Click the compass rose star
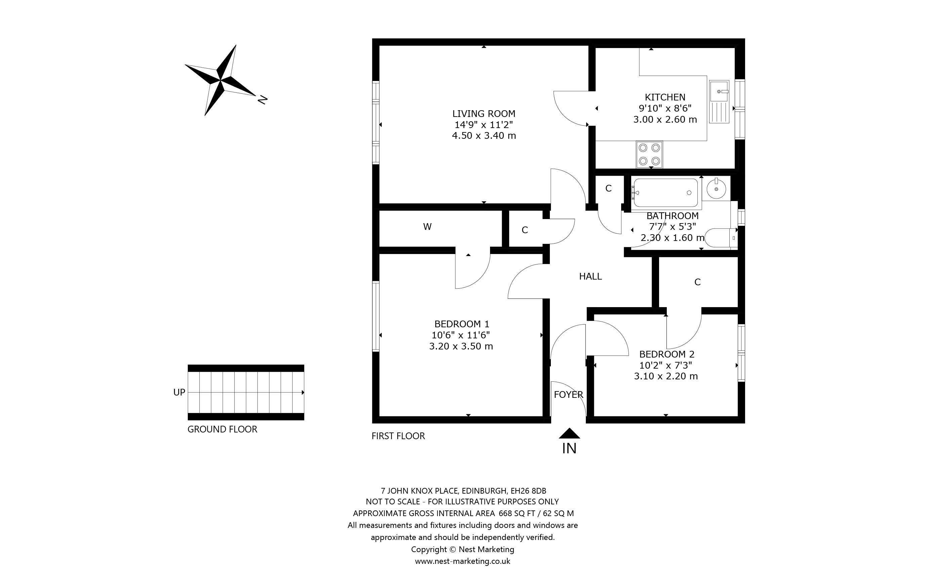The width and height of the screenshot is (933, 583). (x=221, y=81)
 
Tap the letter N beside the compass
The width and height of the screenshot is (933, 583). (x=262, y=99)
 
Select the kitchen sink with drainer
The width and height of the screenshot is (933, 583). (x=719, y=102)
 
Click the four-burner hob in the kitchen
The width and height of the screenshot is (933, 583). (x=649, y=155)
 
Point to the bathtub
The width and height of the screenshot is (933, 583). (x=666, y=193)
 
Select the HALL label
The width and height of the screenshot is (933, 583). (x=590, y=276)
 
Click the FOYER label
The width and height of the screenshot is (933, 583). (x=568, y=394)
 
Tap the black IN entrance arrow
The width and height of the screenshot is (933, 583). (x=569, y=433)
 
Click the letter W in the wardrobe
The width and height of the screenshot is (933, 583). (x=427, y=227)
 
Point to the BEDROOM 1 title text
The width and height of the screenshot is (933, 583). (x=461, y=324)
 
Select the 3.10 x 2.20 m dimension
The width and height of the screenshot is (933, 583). (x=666, y=376)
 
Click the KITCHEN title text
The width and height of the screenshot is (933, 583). (x=665, y=97)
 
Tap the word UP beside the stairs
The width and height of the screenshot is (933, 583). (x=179, y=392)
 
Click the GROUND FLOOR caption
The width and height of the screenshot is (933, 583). (x=222, y=429)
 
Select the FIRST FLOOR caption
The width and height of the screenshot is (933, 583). (x=398, y=436)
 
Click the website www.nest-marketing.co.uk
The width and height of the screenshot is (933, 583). (x=463, y=561)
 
